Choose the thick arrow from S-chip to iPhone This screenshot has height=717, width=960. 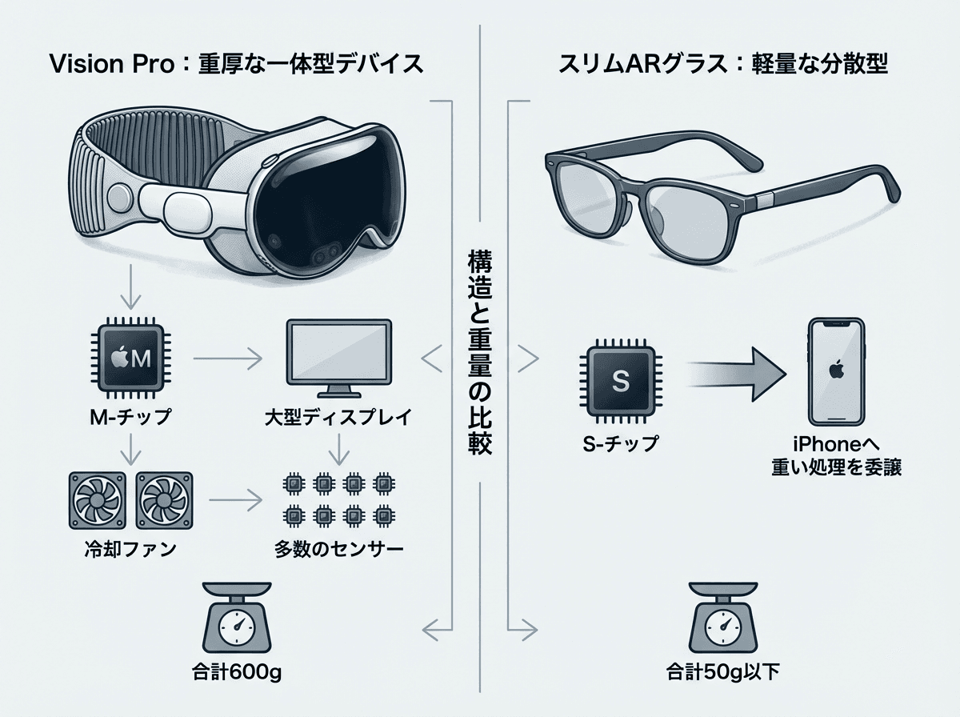tap(736, 375)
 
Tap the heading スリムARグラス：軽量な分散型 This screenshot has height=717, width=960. tap(722, 64)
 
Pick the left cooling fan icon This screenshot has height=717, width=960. tap(98, 500)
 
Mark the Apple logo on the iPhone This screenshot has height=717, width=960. tap(837, 371)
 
